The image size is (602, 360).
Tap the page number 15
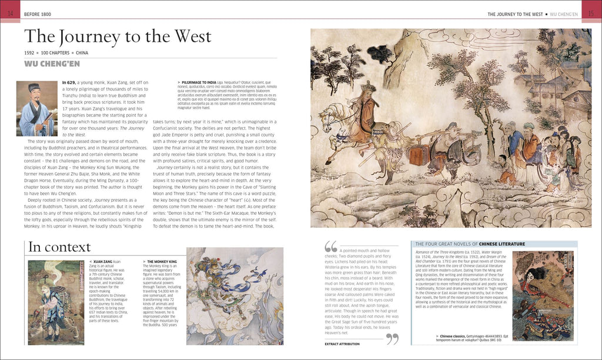point(591,13)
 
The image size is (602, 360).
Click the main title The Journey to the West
point(117,36)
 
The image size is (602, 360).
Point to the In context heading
point(59,247)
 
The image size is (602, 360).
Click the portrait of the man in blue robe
point(36,109)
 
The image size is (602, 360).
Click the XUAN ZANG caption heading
point(102,261)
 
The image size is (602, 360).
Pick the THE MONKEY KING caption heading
point(158,261)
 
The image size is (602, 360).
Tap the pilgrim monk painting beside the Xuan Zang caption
point(56,302)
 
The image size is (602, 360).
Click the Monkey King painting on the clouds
point(235,295)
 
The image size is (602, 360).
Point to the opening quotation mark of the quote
point(331,246)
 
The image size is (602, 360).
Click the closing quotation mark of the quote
point(393,339)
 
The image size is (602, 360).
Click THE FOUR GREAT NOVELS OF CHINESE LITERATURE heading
point(470,244)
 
